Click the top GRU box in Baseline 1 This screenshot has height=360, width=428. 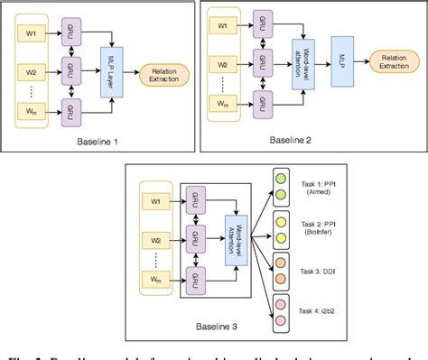point(69,32)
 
